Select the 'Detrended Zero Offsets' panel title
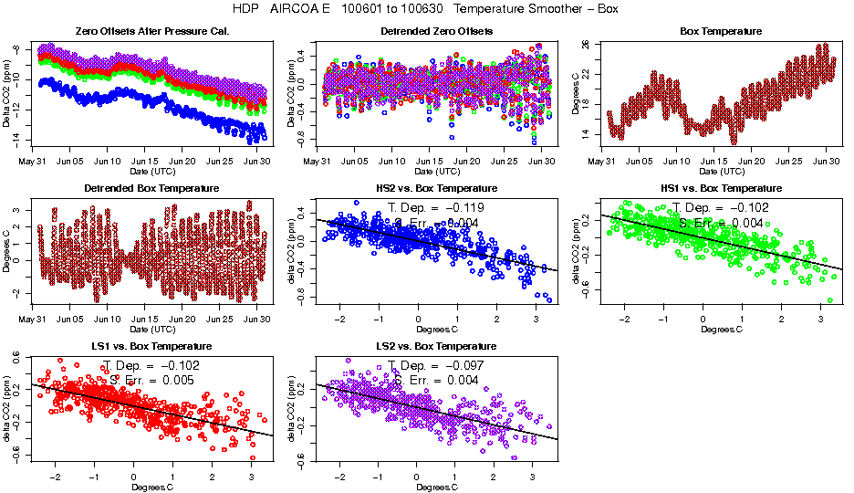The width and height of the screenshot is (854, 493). tap(436, 31)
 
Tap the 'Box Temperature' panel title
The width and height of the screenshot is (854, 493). tap(721, 31)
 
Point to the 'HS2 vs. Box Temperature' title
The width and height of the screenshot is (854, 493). tap(437, 188)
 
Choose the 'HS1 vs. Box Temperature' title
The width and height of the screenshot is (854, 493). tap(721, 188)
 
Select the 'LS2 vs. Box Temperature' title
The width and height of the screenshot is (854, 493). tap(437, 346)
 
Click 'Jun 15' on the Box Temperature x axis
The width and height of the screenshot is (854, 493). tap(713, 161)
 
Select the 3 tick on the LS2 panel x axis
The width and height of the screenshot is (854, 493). tap(535, 477)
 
